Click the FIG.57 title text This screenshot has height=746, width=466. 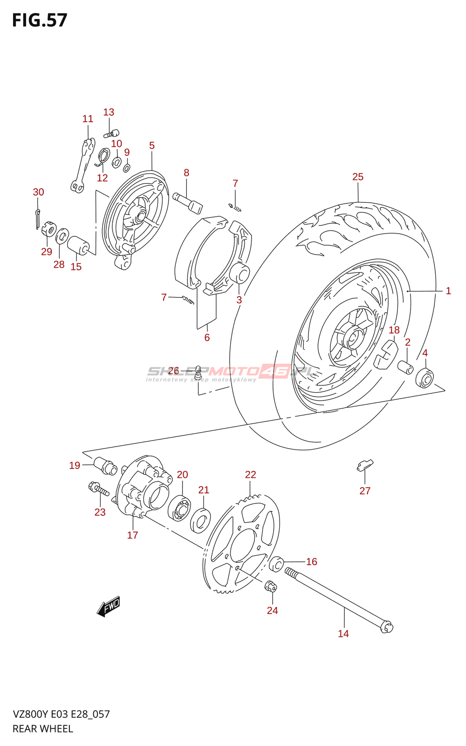[40, 21]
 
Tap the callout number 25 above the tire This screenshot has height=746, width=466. [358, 177]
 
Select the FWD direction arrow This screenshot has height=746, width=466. [109, 606]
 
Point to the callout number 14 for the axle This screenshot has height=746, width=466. [343, 634]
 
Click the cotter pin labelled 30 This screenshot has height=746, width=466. [37, 219]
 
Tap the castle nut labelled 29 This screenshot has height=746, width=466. [48, 229]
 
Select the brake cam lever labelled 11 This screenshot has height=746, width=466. [83, 166]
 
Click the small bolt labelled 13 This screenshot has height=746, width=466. [111, 133]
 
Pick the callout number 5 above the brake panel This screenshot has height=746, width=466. [152, 145]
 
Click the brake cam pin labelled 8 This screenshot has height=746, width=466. [188, 203]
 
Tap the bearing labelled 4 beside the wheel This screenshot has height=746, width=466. [425, 377]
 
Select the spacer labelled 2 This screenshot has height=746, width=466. [405, 367]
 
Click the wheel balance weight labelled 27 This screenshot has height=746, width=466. [365, 465]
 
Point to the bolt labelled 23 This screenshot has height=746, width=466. [99, 489]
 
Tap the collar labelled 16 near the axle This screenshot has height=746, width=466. [276, 564]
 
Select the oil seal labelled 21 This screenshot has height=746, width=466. [200, 521]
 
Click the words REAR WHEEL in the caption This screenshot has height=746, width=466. [43, 729]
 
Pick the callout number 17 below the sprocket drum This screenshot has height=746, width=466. [133, 535]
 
